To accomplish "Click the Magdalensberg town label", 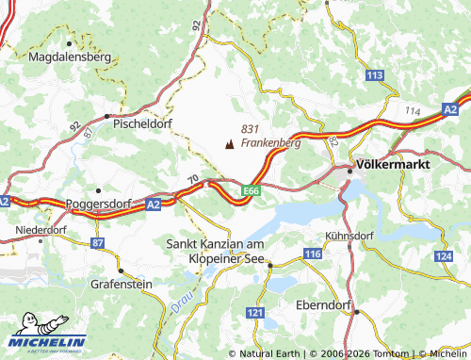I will tap(71, 57).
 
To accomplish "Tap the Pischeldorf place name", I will tap(142, 123).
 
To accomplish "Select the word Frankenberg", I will tap(270, 143).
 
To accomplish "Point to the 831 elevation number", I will tap(250, 129).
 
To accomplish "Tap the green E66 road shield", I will tap(250, 190).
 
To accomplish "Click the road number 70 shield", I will tap(192, 178).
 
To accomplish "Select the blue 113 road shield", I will tap(376, 74).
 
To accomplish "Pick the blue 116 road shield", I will tap(314, 255).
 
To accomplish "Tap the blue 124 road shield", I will tap(444, 256).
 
